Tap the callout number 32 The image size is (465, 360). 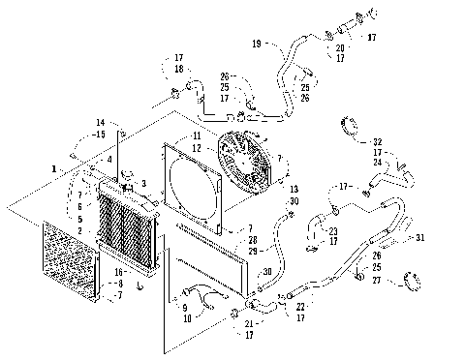coord(378,141)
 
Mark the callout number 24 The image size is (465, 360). coord(378,163)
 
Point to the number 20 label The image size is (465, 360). coord(339,47)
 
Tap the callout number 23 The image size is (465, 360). coord(332,230)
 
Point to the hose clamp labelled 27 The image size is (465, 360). coord(405,283)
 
